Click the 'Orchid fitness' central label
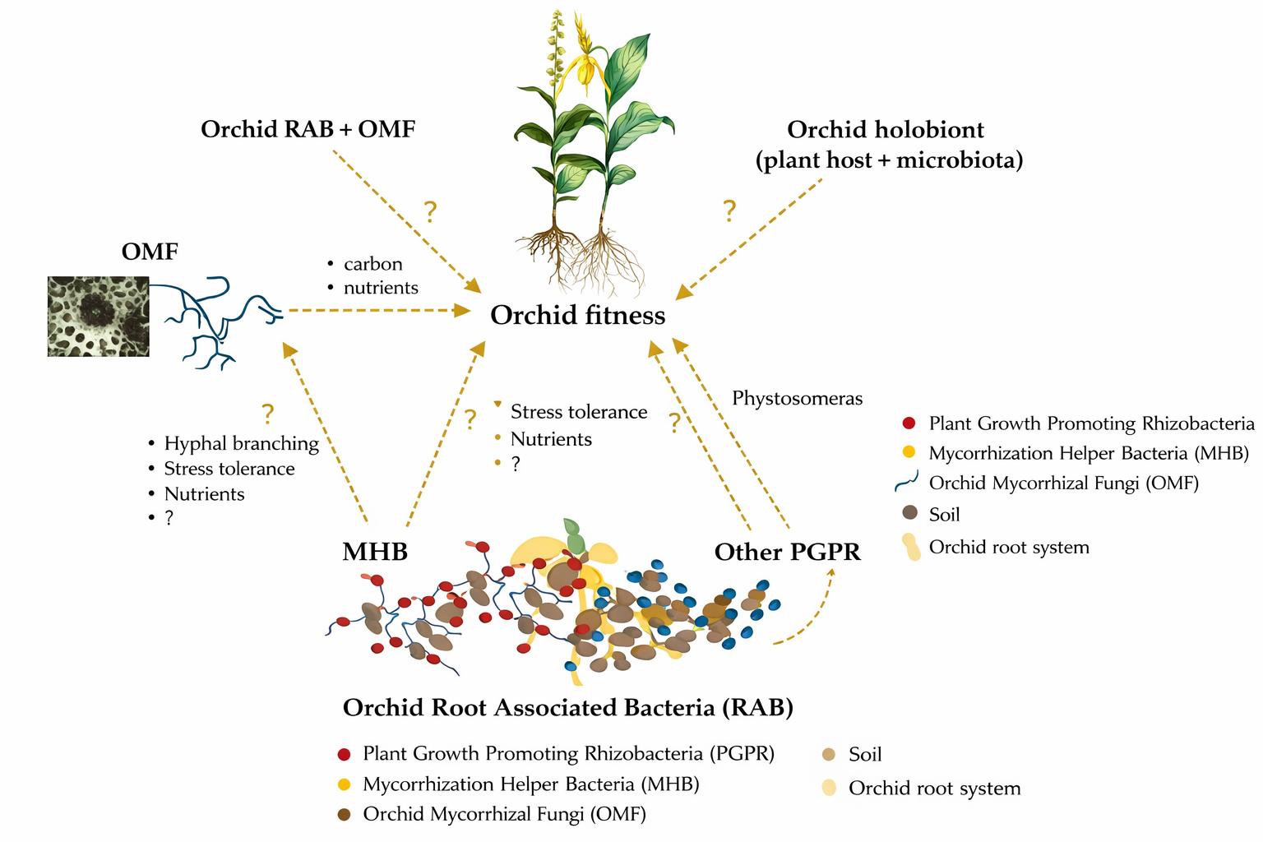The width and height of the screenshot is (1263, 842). (577, 315)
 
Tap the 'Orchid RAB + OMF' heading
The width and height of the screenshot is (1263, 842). (308, 129)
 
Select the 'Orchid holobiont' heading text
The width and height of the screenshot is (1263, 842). (886, 130)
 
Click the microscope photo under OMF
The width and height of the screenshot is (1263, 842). (99, 317)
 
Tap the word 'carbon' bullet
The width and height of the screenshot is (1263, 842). (372, 264)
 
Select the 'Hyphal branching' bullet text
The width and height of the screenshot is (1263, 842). (241, 443)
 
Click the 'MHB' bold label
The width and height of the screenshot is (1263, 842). (375, 552)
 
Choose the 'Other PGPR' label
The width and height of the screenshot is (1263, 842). (787, 552)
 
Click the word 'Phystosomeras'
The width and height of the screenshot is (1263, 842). (797, 399)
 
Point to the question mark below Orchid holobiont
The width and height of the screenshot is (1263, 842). (729, 211)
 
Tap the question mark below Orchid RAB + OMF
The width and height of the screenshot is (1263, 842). (430, 212)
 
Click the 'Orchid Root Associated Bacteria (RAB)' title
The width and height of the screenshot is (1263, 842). (567, 708)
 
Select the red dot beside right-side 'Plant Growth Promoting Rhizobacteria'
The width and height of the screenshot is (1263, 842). (909, 423)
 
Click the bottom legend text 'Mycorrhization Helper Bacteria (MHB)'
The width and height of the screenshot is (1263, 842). (530, 784)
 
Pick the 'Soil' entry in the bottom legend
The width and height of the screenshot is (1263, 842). (864, 755)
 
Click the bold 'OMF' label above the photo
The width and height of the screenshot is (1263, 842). (150, 252)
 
